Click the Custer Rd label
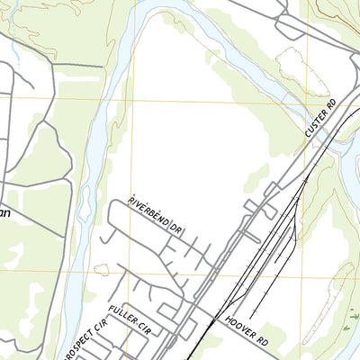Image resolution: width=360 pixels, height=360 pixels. (x=320, y=118)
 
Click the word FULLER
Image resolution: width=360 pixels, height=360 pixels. (x=120, y=317)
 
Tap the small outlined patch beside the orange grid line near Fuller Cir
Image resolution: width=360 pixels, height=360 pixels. (x=102, y=269)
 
